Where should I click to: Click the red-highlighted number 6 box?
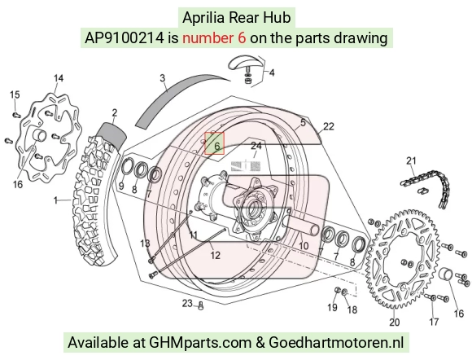[x=214, y=143]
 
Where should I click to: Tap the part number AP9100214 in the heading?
[x=125, y=38]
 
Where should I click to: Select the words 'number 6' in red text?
[x=214, y=38]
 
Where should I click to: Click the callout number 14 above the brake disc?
[x=59, y=78]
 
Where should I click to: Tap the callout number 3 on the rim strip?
[x=163, y=78]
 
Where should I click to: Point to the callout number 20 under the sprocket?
[x=395, y=322]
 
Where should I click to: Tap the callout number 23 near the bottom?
[x=187, y=303]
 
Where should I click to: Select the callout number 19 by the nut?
[x=332, y=307]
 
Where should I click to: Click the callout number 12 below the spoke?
[x=215, y=255]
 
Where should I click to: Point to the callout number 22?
[x=329, y=126]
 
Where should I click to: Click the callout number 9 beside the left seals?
[x=121, y=186]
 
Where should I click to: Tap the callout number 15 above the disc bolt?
[x=15, y=94]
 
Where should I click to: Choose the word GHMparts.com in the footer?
[x=200, y=343]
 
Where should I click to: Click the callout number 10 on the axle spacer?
[x=304, y=245]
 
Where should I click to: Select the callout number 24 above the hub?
[x=256, y=146]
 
